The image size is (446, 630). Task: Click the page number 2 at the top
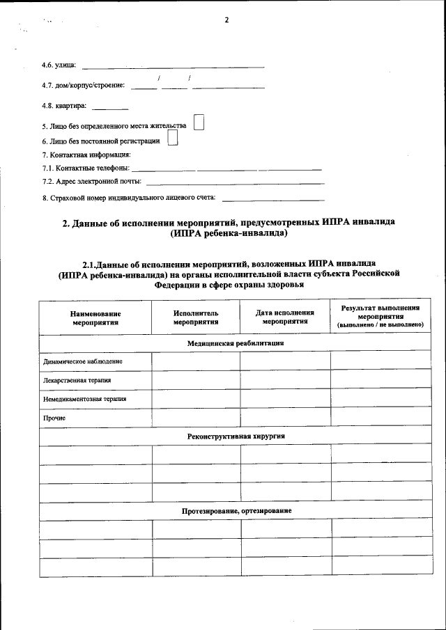pos(226,19)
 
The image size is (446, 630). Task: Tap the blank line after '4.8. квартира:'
pos(110,108)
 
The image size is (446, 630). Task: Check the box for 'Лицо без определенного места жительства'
pos(199,123)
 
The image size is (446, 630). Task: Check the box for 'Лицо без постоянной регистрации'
pos(173,139)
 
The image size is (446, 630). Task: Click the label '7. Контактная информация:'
pos(86,155)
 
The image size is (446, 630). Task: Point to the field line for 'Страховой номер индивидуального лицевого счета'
pos(272,199)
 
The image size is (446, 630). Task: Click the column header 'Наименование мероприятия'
pos(95,318)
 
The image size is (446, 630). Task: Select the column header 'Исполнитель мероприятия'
pos(196,318)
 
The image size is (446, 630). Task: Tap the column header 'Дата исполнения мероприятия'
pos(285,318)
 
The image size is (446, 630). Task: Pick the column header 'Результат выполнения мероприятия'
pos(380,317)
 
